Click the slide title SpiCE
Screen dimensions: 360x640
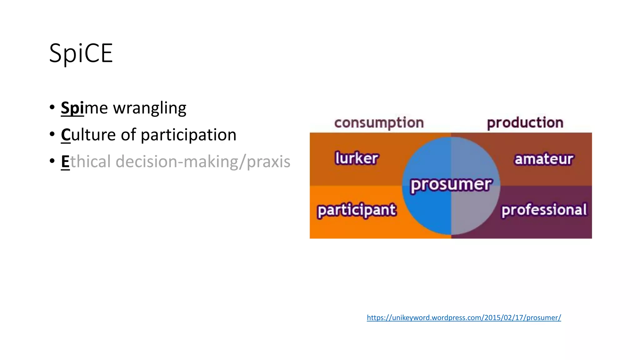[81, 53]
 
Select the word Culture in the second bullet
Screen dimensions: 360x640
[88, 135]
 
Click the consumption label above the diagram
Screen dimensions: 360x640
[379, 123]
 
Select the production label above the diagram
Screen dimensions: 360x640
[525, 122]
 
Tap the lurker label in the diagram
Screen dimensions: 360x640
[357, 158]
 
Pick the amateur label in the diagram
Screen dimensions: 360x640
[544, 159]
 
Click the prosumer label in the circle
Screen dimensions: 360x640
[451, 184]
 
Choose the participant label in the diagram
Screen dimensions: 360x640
[357, 210]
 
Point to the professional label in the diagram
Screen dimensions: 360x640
[544, 210]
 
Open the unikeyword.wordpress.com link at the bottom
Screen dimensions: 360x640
[464, 317]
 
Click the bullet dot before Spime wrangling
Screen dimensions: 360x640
[52, 107]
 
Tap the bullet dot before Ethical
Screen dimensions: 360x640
[52, 161]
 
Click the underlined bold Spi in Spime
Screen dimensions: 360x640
[72, 108]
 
